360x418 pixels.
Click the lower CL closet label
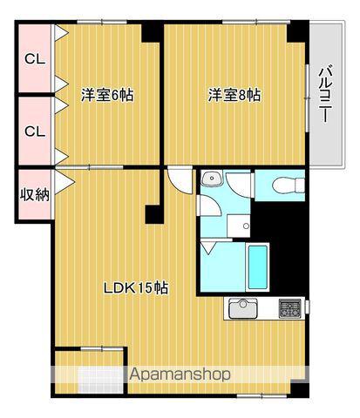[x=35, y=131]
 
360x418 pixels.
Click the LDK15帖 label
[x=137, y=288]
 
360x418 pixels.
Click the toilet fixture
[x=284, y=185]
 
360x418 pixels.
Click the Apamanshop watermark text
[x=180, y=374]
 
